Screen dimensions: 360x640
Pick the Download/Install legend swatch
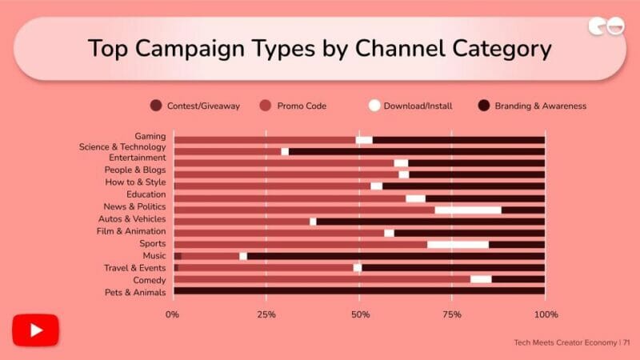[374, 106]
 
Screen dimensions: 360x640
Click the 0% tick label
[173, 314]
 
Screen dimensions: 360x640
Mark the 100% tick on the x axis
[546, 314]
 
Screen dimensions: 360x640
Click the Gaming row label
[150, 137]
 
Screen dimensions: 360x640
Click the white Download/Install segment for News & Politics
[468, 210]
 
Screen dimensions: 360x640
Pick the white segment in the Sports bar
[458, 244]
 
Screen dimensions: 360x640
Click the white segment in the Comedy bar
[481, 279]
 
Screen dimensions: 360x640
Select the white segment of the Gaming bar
[364, 140]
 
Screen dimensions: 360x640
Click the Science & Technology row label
[122, 147]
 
